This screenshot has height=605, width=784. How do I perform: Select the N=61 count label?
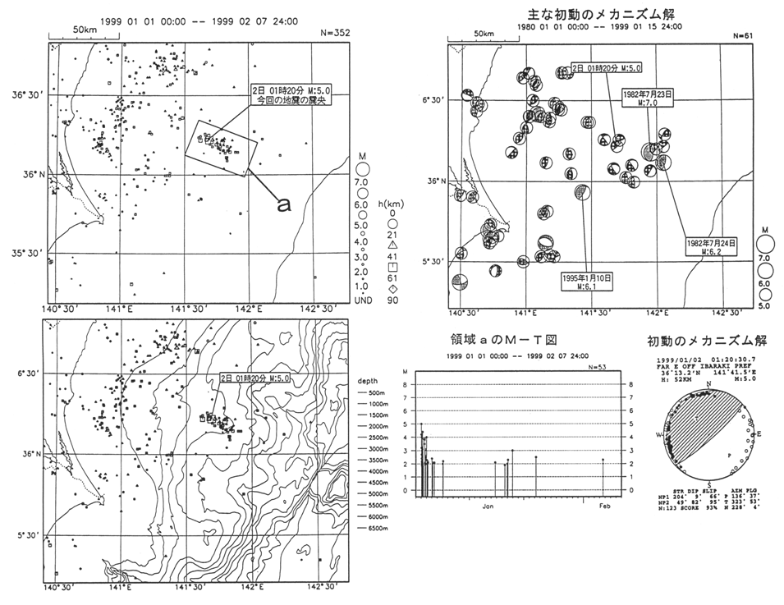pos(741,36)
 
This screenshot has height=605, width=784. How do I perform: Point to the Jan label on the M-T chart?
pos(487,506)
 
